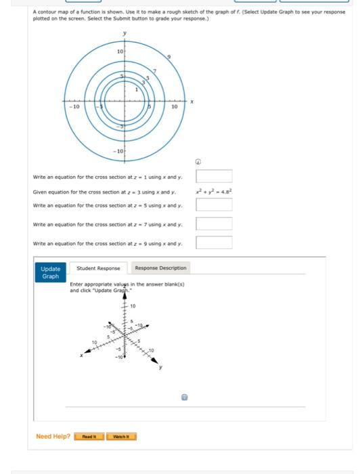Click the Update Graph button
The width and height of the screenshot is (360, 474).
tap(50, 272)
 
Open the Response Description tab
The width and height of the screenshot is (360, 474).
tap(162, 268)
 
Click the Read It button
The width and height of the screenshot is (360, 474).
tap(89, 437)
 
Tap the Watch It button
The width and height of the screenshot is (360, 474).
tap(120, 437)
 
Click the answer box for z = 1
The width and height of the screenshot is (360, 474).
tap(214, 177)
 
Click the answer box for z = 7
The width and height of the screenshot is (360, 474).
tap(214, 224)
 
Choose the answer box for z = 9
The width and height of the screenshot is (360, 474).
tap(214, 242)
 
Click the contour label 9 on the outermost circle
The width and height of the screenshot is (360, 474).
tap(168, 57)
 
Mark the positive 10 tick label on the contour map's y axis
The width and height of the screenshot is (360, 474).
tap(119, 51)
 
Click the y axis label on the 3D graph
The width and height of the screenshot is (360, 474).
tap(161, 368)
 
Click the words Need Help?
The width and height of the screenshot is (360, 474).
tap(53, 437)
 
